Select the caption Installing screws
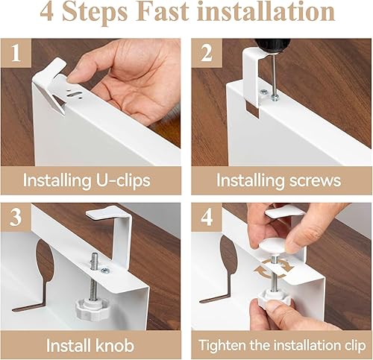pyautogui.click(x=278, y=180)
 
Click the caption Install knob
pyautogui.click(x=90, y=345)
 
